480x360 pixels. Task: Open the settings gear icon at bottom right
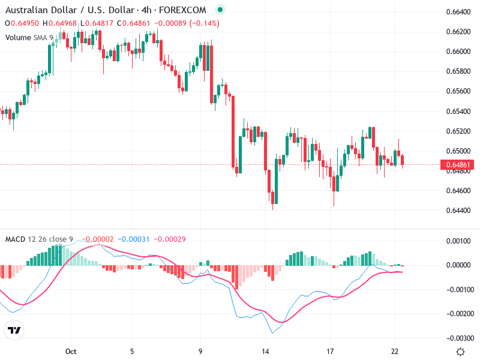pyautogui.click(x=460, y=352)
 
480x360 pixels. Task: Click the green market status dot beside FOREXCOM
pyautogui.click(x=220, y=10)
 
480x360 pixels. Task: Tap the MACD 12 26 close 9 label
pyautogui.click(x=39, y=239)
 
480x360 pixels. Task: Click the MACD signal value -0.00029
pyautogui.click(x=169, y=239)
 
